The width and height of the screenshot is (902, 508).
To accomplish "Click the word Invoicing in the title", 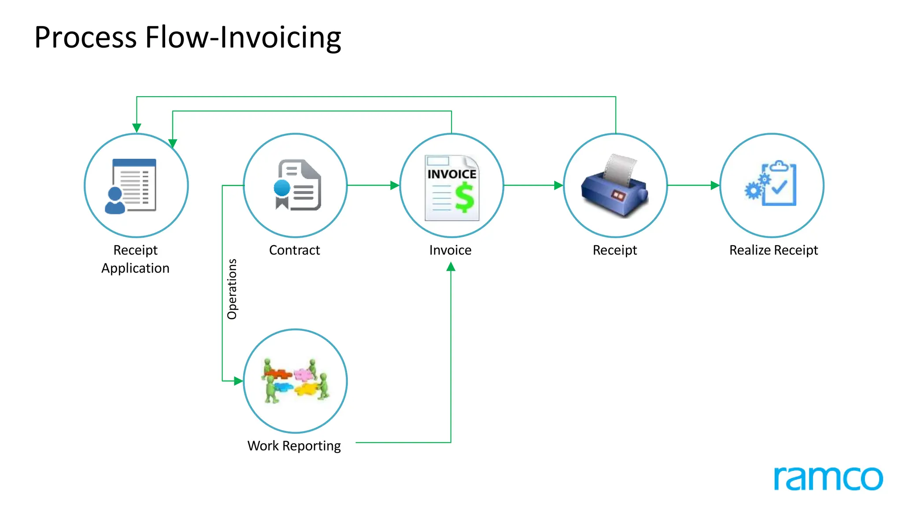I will [x=280, y=38].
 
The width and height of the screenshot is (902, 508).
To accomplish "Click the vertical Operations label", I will [x=232, y=289].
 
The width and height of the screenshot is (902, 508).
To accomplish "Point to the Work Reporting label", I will [x=294, y=446].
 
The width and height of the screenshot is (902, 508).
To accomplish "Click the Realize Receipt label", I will [x=773, y=250].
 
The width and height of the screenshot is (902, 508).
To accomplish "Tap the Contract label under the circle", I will [x=294, y=250].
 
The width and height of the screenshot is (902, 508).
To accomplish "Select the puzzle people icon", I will [x=295, y=381].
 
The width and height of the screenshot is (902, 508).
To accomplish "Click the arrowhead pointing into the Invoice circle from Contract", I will [x=395, y=185].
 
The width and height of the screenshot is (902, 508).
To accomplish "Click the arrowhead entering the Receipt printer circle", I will [x=558, y=185].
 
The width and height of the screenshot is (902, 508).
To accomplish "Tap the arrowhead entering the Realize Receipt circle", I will [x=715, y=185].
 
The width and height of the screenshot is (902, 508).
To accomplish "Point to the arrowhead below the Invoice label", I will [x=451, y=267].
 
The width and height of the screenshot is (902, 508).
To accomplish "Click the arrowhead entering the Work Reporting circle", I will [x=238, y=381].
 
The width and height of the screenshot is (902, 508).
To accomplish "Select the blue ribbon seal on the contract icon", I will [x=282, y=188].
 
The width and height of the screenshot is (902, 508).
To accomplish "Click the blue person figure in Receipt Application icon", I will [x=115, y=201].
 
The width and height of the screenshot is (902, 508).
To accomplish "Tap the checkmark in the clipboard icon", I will [x=779, y=187].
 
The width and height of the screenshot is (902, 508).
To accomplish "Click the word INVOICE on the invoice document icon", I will [x=452, y=174].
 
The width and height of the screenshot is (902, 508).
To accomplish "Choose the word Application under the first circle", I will [x=135, y=268].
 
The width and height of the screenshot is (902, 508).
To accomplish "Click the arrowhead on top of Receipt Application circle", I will [x=137, y=128].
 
